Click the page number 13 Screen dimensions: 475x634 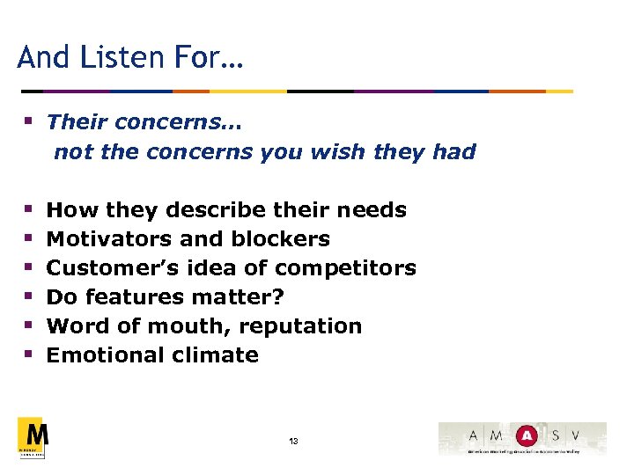pos(292,441)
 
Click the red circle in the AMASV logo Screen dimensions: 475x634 pos(527,435)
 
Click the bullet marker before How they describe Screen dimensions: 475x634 pos(29,210)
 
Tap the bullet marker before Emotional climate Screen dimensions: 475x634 pos(29,355)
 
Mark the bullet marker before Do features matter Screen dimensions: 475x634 pos(29,297)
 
